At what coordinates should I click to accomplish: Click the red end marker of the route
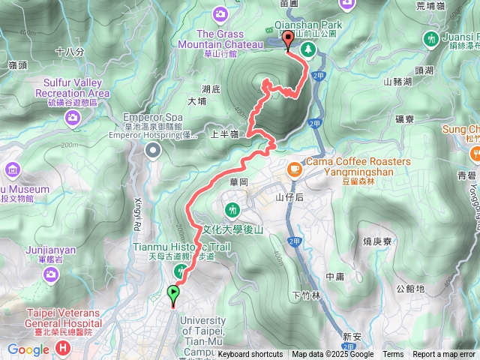point(289,40)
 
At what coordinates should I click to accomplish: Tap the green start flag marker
point(174,294)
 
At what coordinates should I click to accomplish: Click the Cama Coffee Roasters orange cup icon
point(295,170)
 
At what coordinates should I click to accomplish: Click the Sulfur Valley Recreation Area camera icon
point(72,116)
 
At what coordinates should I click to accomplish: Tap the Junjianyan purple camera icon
point(51,275)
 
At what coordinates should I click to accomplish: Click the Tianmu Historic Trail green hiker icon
point(180,271)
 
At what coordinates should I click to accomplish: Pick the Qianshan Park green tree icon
point(307,49)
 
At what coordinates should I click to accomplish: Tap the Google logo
point(28,349)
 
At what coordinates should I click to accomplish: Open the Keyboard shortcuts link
point(250,355)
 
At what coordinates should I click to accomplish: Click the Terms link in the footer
point(392,355)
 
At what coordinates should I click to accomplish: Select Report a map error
point(444,355)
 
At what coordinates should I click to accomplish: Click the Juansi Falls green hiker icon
point(430,37)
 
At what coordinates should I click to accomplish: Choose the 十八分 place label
point(69,51)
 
